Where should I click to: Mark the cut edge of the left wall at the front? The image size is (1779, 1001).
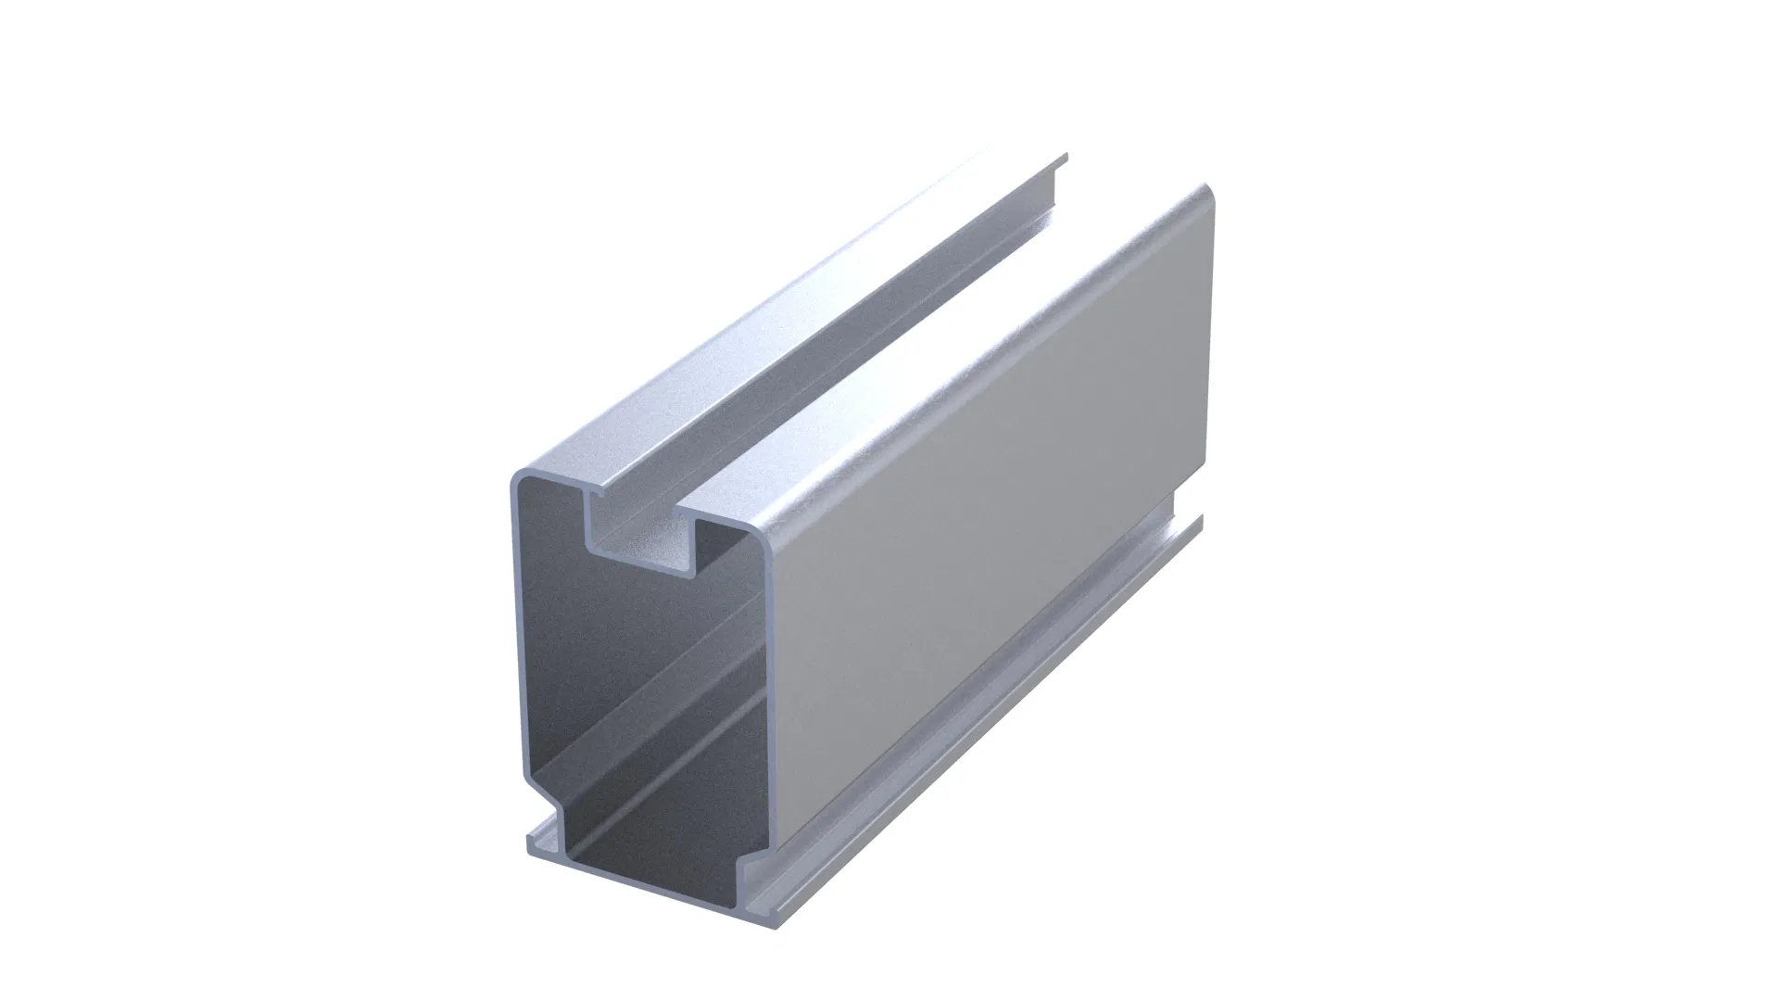[x=515, y=649]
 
